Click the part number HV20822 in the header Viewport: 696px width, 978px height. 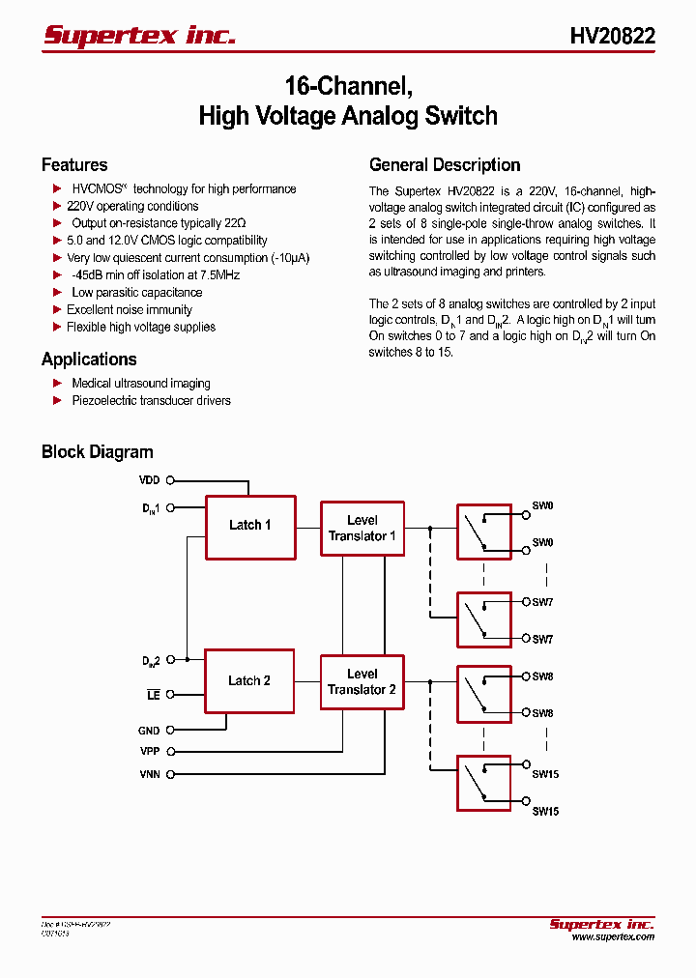(x=612, y=37)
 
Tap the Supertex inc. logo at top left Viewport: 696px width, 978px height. (x=139, y=36)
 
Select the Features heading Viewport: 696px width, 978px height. (x=74, y=165)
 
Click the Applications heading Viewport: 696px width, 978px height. (x=89, y=360)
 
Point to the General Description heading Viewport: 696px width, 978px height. (x=445, y=165)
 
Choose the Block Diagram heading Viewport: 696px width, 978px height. (x=97, y=452)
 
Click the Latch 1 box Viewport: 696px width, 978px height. (x=249, y=526)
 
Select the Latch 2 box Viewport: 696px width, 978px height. (x=249, y=681)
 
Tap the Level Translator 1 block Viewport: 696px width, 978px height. (x=362, y=529)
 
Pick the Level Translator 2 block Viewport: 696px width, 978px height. (x=362, y=682)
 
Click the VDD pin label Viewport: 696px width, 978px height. (x=149, y=479)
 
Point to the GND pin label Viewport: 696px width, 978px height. (x=149, y=732)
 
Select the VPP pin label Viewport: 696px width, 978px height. (x=149, y=751)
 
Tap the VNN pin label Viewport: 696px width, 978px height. (x=149, y=774)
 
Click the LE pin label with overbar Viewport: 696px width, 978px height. (x=153, y=695)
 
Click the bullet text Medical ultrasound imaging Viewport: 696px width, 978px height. (x=141, y=384)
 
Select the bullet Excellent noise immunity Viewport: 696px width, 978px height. (x=130, y=310)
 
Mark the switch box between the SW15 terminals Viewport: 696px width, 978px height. (x=483, y=782)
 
